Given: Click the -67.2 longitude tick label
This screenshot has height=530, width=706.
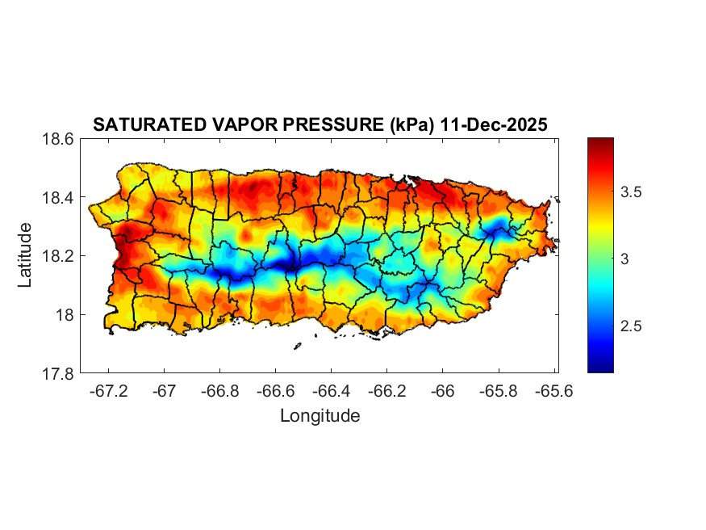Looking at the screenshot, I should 109,390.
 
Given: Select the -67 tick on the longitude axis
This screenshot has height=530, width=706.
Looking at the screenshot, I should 165,390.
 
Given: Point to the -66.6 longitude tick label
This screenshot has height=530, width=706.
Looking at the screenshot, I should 276,390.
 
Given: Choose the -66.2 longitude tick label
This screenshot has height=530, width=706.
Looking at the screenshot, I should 387,390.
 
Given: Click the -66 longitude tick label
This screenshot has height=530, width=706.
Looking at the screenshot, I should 443,390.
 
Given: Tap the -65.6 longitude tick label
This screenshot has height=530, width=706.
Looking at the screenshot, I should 554,390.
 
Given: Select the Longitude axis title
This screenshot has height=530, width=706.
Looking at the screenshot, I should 320,416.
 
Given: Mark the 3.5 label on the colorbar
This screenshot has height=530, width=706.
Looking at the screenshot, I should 633,192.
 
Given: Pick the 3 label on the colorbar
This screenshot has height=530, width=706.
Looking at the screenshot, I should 625,259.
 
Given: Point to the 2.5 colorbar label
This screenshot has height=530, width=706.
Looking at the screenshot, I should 633,326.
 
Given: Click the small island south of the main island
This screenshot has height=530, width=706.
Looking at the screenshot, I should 297,346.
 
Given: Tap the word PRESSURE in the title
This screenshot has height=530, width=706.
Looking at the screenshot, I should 313,125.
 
